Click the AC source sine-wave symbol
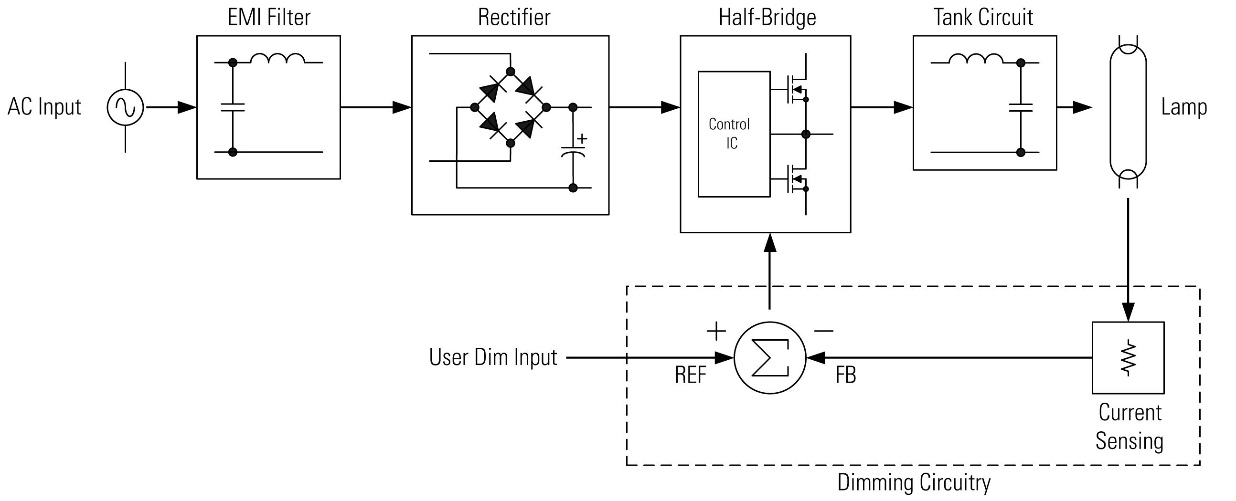(125, 107)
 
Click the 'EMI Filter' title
(269, 17)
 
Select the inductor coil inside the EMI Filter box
(277, 58)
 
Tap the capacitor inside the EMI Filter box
(233, 107)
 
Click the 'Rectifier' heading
(514, 17)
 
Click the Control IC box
(734, 134)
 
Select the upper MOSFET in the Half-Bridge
(797, 89)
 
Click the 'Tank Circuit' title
(983, 17)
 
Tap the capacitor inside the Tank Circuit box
(1021, 107)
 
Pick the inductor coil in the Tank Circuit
(976, 58)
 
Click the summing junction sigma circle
(770, 358)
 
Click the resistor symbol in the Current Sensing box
(1128, 358)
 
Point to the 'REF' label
(691, 375)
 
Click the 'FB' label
(846, 375)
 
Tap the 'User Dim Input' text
(493, 357)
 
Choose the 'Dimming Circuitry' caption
(914, 482)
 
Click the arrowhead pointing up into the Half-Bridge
(769, 242)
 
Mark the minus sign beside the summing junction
(823, 331)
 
